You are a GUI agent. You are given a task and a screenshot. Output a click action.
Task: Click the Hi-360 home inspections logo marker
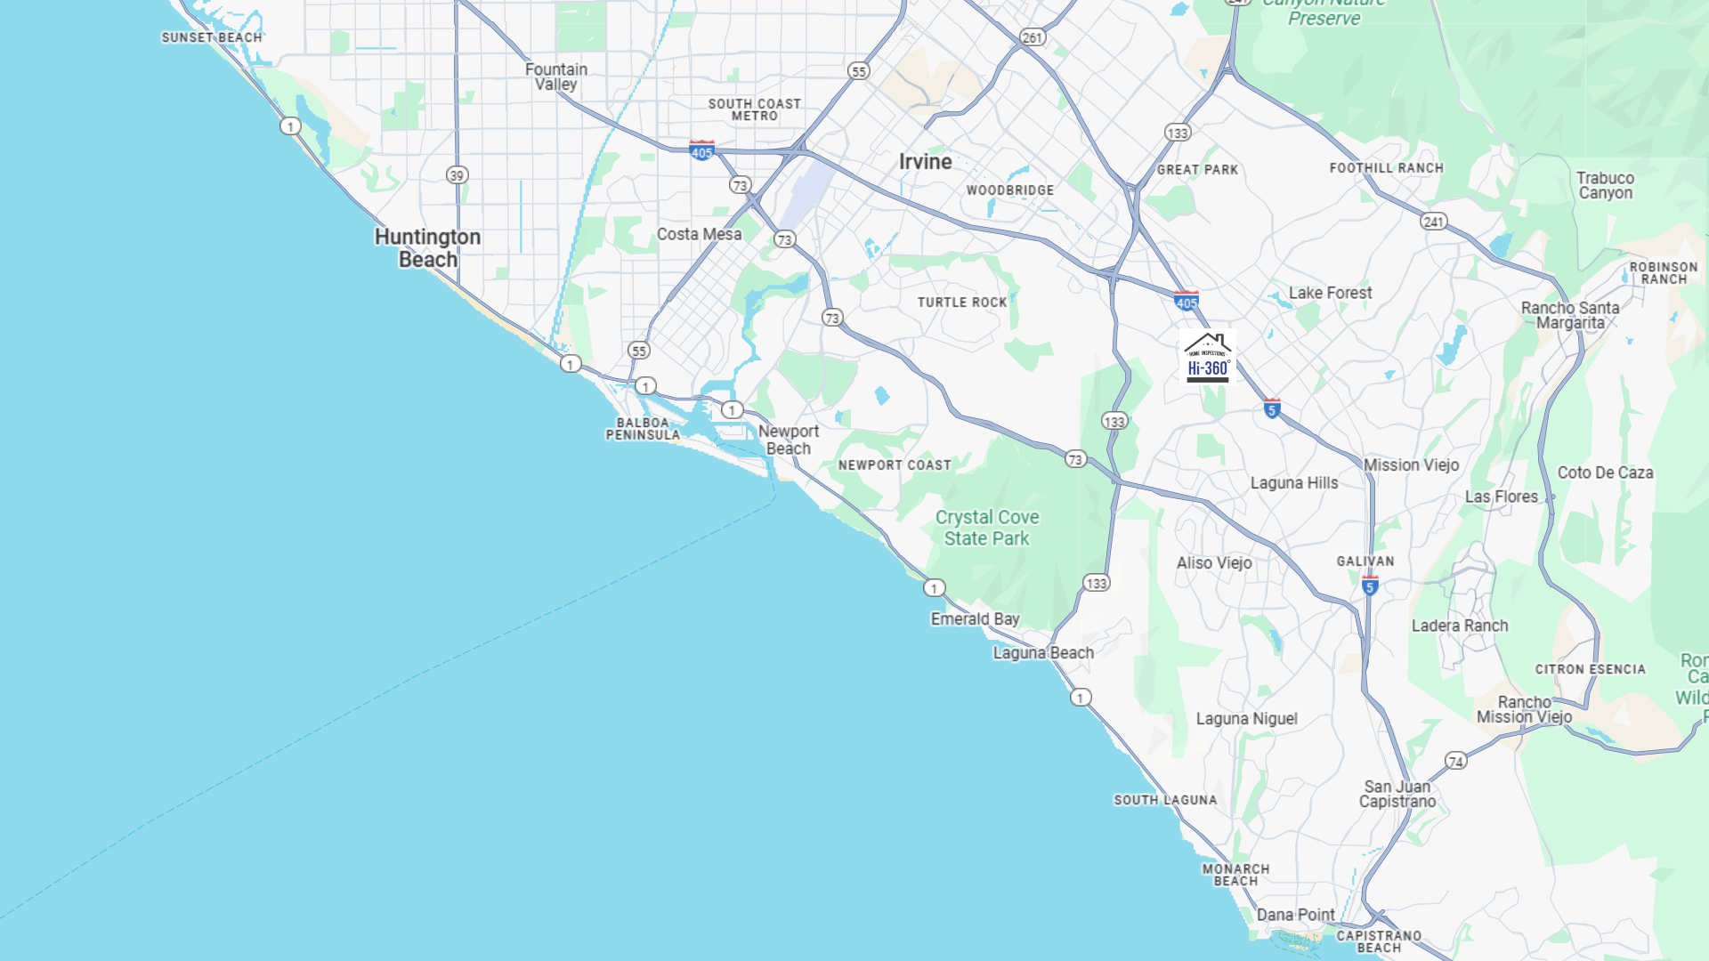1208,358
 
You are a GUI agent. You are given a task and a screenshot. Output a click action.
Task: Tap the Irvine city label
925,162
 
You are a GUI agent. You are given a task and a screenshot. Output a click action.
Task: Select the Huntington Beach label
427,248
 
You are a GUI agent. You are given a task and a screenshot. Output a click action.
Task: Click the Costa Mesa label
699,234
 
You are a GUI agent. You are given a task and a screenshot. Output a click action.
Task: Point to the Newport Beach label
789,440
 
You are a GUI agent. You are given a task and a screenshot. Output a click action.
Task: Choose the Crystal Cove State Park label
986,528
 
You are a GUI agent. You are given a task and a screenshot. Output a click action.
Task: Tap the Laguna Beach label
1043,652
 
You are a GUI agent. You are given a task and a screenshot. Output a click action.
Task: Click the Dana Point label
1295,915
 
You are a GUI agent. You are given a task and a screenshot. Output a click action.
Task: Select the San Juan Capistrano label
1397,794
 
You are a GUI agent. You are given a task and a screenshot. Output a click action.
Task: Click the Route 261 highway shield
1033,37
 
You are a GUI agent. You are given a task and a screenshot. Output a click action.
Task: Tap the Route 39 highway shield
457,175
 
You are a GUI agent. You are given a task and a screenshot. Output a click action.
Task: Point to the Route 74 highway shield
1455,761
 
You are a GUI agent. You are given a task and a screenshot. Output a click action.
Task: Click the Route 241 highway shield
1433,222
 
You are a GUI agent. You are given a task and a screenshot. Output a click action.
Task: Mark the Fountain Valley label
556,77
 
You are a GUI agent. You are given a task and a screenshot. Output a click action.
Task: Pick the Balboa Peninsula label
643,429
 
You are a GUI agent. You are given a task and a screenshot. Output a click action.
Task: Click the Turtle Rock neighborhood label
962,303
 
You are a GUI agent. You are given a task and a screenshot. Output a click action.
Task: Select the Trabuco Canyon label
1605,185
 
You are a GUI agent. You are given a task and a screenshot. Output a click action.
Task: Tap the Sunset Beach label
212,37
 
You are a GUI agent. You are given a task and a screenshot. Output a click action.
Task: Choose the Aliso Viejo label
1214,562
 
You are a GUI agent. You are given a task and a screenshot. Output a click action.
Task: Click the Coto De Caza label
1605,472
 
